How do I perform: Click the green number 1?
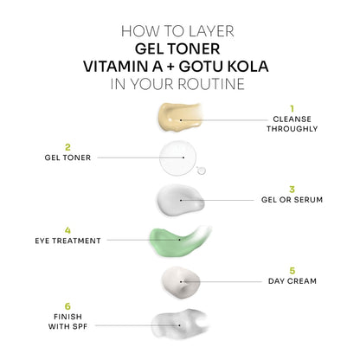(x=292, y=108)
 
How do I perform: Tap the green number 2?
(x=67, y=146)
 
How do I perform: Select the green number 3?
(x=292, y=188)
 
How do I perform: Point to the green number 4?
(x=67, y=229)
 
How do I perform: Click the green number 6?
(x=67, y=305)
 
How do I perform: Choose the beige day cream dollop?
(x=181, y=280)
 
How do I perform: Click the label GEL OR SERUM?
(x=292, y=200)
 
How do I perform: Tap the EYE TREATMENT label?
(x=71, y=241)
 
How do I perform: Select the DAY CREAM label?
(x=292, y=281)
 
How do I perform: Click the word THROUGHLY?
(x=292, y=129)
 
